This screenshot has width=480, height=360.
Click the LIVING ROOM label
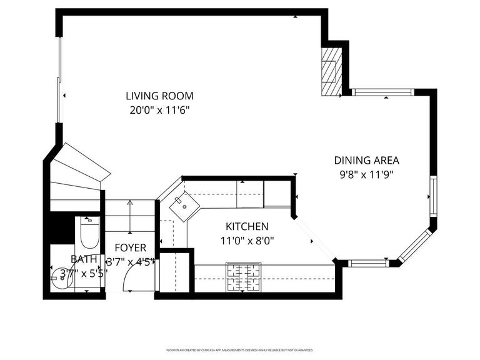pyautogui.click(x=159, y=96)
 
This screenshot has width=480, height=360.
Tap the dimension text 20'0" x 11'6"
pyautogui.click(x=159, y=110)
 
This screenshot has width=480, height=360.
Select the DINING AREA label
pyautogui.click(x=366, y=161)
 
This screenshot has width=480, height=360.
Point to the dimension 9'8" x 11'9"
pyautogui.click(x=366, y=174)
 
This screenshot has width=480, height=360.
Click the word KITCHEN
pyautogui.click(x=247, y=226)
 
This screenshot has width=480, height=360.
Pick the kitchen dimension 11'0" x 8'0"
pyautogui.click(x=247, y=240)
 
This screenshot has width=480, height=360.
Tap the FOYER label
pyautogui.click(x=130, y=247)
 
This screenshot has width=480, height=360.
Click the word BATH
pyautogui.click(x=84, y=259)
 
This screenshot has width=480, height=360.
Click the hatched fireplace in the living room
pyautogui.click(x=331, y=71)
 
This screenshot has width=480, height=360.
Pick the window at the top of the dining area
pyautogui.click(x=381, y=92)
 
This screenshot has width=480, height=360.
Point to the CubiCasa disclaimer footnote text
pyautogui.click(x=239, y=350)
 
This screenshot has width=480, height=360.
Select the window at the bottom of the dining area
pyautogui.click(x=368, y=263)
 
